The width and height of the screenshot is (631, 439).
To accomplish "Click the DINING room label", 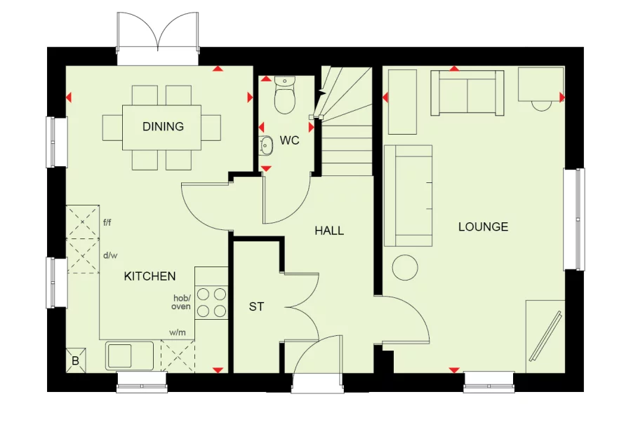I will [x=163, y=127].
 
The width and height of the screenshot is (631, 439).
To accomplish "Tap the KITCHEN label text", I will [x=150, y=276].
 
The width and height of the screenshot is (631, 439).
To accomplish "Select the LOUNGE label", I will [x=483, y=227].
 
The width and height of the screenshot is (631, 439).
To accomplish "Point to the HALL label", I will [x=329, y=230].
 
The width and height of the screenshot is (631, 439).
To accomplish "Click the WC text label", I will [x=289, y=140].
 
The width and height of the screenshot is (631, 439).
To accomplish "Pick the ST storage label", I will [x=256, y=306].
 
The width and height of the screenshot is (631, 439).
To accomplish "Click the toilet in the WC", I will [x=285, y=97].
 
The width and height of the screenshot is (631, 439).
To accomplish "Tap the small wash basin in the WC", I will [x=267, y=145].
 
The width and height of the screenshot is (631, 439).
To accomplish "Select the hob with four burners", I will [x=211, y=302].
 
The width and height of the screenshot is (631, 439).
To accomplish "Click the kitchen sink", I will [x=131, y=355].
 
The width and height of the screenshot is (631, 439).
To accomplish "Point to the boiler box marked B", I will [x=76, y=360].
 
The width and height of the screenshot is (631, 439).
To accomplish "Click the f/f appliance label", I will [x=107, y=223].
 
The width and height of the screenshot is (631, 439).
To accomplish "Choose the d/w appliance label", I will [x=109, y=255].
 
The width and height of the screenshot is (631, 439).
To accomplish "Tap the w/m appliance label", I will [x=177, y=332].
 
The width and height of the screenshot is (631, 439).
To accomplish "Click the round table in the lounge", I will [x=404, y=267].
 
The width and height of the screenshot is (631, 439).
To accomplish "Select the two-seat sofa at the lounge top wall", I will [x=467, y=93].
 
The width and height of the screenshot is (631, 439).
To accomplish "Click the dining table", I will [x=162, y=127].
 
